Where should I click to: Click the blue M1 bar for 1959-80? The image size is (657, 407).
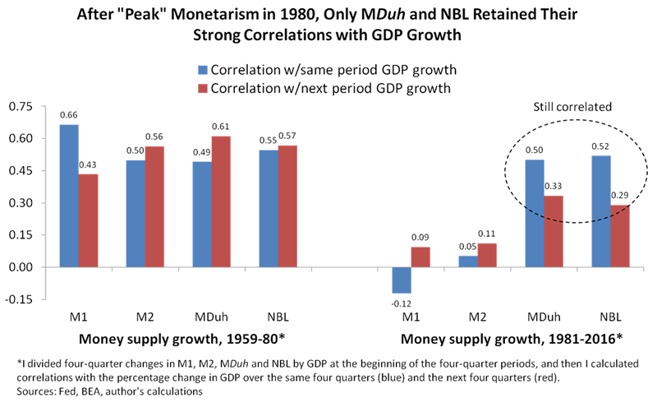coord(69,196)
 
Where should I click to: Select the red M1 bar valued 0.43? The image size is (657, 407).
coord(89,220)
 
